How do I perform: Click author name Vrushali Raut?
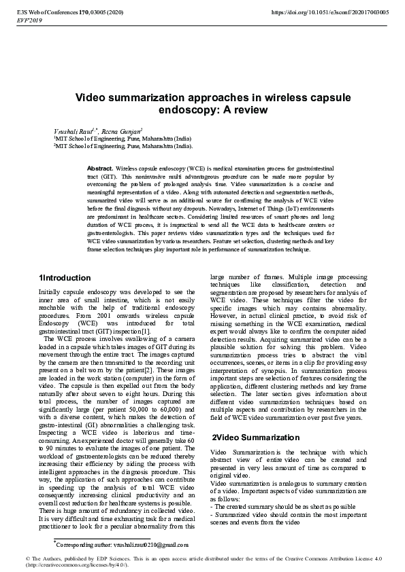click(x=70, y=130)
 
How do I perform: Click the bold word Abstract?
click(x=100, y=168)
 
